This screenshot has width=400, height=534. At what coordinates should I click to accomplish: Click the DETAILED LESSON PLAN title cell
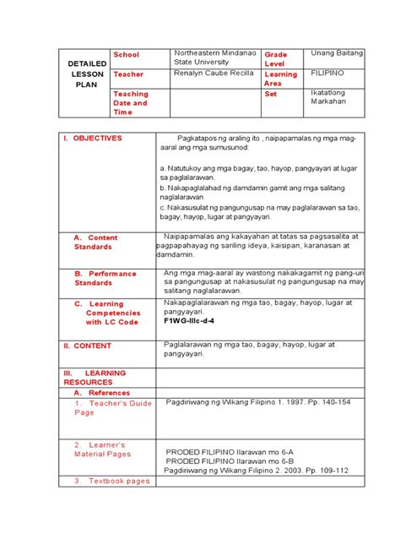pos(86,74)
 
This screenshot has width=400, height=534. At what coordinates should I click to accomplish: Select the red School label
pos(126,55)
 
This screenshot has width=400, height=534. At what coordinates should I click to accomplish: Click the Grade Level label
pos(276,59)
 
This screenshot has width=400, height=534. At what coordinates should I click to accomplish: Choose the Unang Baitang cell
pos(337,53)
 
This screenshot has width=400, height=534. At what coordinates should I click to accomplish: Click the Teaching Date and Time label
pos(131,103)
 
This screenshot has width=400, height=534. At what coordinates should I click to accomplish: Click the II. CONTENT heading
pos(88,346)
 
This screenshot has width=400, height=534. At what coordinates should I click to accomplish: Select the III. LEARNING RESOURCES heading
pos(93,377)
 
